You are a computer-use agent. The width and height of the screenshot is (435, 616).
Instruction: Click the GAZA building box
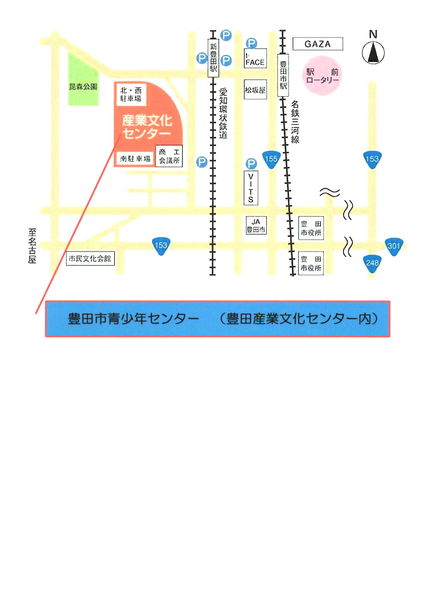click(317, 44)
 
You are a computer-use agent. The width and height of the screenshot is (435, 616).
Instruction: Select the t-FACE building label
click(255, 58)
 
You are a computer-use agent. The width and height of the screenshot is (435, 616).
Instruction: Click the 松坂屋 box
click(255, 90)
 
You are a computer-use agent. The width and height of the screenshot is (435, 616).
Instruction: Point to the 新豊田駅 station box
click(213, 58)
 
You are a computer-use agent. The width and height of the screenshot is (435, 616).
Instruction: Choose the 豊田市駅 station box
click(283, 75)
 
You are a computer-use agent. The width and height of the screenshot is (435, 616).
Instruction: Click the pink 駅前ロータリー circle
click(322, 76)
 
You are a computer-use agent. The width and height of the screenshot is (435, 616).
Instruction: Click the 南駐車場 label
click(135, 159)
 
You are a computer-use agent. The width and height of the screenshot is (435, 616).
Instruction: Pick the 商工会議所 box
click(169, 156)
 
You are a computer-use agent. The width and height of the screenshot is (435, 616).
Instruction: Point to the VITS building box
click(251, 188)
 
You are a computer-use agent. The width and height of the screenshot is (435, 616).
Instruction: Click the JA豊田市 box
click(256, 225)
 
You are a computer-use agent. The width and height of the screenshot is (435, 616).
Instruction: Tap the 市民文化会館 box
click(90, 259)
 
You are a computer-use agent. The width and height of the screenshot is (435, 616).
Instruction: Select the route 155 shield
click(271, 159)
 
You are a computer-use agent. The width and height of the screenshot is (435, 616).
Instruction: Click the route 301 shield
click(394, 246)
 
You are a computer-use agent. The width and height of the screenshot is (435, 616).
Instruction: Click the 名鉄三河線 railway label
click(295, 122)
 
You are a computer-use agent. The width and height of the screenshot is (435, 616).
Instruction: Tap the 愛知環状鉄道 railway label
click(223, 113)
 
